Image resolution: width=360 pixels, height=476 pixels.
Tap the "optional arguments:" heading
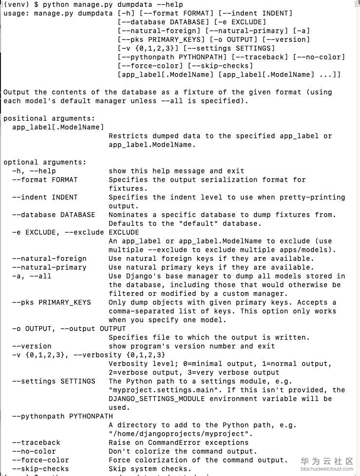tap(45, 162)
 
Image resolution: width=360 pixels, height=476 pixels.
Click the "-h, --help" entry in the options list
tap(34, 171)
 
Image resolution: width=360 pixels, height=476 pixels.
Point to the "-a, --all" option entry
tap(32, 276)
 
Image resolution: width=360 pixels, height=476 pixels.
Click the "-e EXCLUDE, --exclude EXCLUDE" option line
tap(76, 232)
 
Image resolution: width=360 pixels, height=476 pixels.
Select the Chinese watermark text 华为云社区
tap(326, 461)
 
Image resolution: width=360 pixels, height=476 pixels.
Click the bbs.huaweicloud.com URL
tap(326, 469)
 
